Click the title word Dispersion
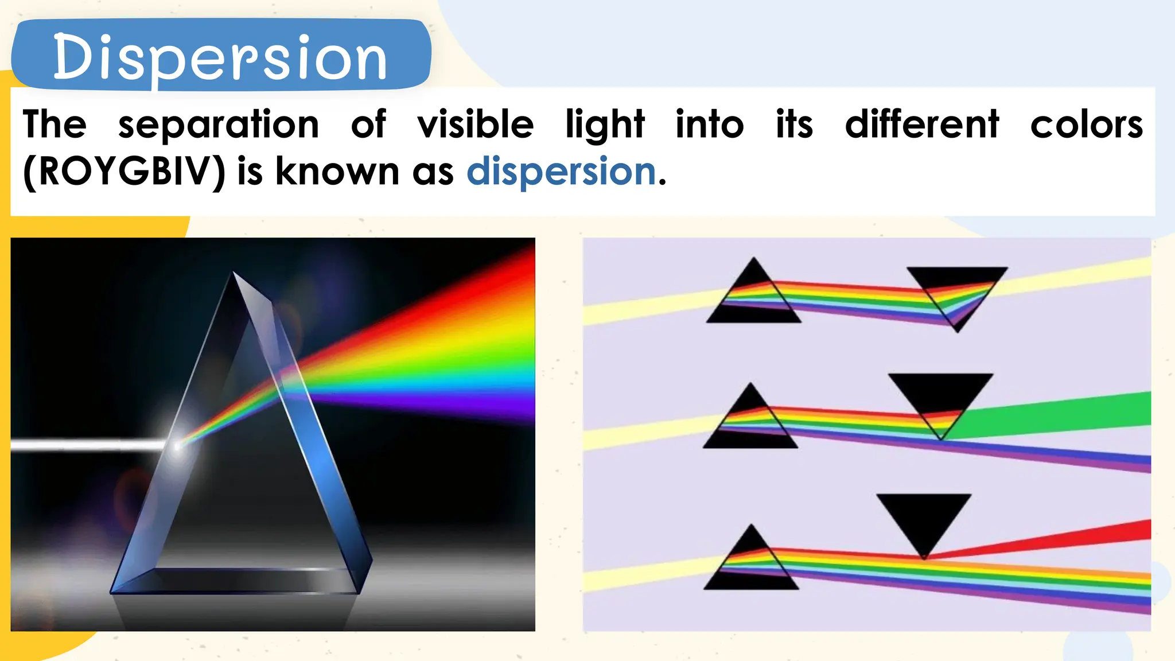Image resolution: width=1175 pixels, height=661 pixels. coord(220,57)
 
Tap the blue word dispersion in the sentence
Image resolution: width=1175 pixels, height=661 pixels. coord(561,172)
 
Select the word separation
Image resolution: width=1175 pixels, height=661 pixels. coord(218,125)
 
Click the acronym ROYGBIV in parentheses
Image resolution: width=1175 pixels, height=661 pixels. coord(124,172)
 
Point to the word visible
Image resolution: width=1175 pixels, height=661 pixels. coord(475,125)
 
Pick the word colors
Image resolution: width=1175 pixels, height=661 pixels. coord(1086,125)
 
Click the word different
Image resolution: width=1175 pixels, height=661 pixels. coord(922,125)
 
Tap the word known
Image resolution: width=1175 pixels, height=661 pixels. coord(337,172)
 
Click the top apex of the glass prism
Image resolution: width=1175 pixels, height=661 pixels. coord(234,274)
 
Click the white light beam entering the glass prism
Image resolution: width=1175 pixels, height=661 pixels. coord(86,445)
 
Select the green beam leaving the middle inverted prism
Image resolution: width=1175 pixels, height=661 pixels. coord(1061,414)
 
